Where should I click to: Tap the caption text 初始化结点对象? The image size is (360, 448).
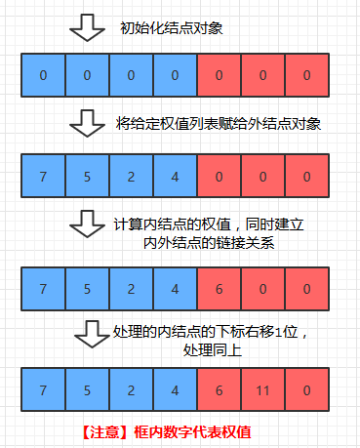pos(170,28)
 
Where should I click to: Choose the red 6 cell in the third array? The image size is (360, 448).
pos(221,289)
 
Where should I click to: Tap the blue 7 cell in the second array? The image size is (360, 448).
pos(43,177)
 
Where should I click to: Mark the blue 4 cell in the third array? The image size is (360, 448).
pos(176,289)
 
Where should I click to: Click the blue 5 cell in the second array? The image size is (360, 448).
pos(87,177)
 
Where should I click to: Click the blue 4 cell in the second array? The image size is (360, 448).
pos(176,177)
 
